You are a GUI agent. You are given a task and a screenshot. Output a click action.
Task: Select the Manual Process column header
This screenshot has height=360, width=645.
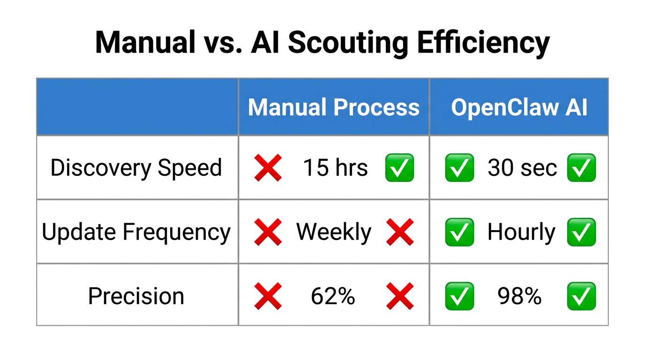333,107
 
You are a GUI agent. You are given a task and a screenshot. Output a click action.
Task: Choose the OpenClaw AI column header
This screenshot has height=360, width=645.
519,107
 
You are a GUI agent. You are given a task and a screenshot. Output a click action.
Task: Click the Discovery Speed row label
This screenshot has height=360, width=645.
136,168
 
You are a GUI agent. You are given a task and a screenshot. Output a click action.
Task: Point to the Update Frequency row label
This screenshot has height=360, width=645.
136,232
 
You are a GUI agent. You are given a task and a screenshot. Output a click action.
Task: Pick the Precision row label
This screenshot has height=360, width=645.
136,296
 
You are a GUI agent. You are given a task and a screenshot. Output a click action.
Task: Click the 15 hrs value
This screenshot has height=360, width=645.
335,168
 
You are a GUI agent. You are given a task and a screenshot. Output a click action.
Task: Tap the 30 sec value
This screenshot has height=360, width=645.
522,168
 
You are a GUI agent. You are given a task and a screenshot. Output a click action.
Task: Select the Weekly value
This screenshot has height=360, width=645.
334,232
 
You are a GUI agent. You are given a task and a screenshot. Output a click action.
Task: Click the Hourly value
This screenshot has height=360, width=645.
521,232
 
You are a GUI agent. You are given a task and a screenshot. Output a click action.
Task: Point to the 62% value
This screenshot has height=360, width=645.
333,296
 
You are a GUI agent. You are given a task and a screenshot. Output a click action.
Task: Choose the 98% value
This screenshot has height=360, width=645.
519,296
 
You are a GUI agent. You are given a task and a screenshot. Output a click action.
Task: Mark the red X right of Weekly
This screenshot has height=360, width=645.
400,232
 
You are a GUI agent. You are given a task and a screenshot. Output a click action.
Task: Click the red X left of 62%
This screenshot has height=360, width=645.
268,296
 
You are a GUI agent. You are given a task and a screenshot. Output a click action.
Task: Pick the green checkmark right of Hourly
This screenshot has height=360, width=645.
581,232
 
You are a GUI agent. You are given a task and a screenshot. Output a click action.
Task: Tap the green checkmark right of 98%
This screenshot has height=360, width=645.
581,296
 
